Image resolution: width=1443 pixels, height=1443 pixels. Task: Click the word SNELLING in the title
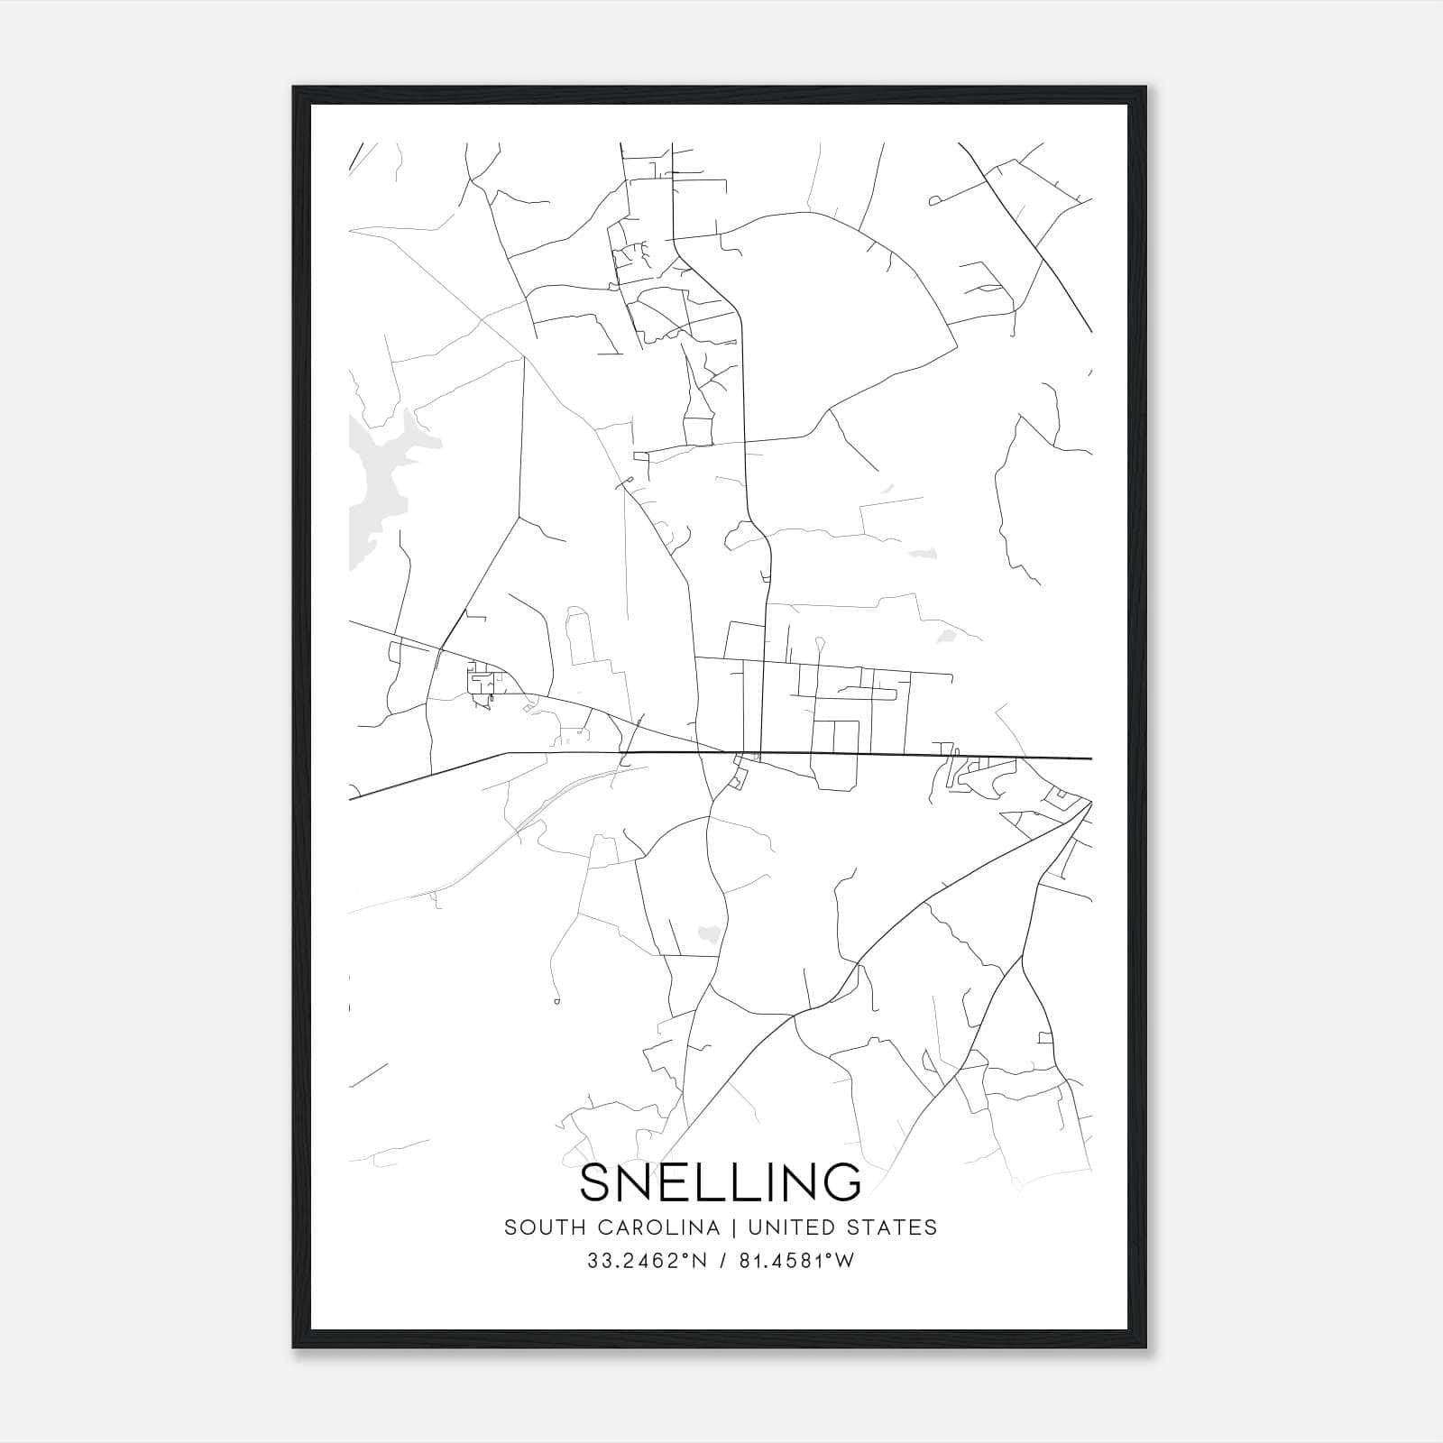pos(721,1182)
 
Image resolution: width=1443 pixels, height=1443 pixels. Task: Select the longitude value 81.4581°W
pos(795,1261)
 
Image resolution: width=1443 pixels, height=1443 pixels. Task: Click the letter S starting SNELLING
pos(597,1182)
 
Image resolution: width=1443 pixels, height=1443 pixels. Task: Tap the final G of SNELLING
pos(843,1182)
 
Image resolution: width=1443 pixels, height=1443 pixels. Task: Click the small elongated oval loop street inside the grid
pos(866,693)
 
